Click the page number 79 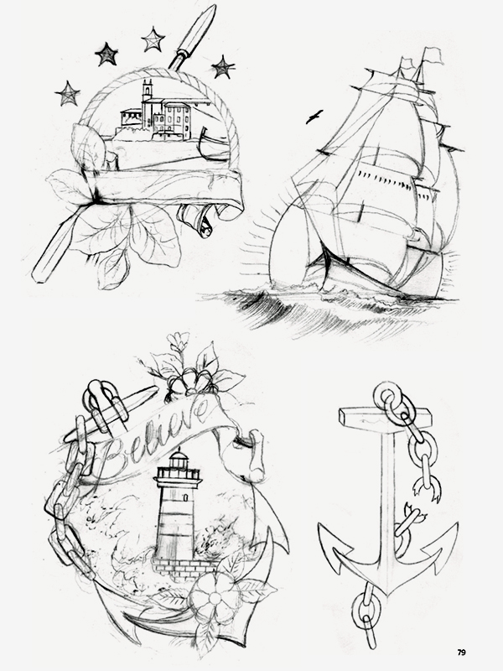[462, 653]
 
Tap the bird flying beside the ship [314, 117]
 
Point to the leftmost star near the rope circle [67, 93]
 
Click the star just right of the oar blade [223, 67]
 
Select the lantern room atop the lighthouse [179, 462]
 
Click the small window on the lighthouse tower [185, 497]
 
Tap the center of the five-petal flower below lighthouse [215, 597]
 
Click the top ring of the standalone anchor [387, 394]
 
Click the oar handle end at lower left [39, 274]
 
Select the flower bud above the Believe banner [178, 341]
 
